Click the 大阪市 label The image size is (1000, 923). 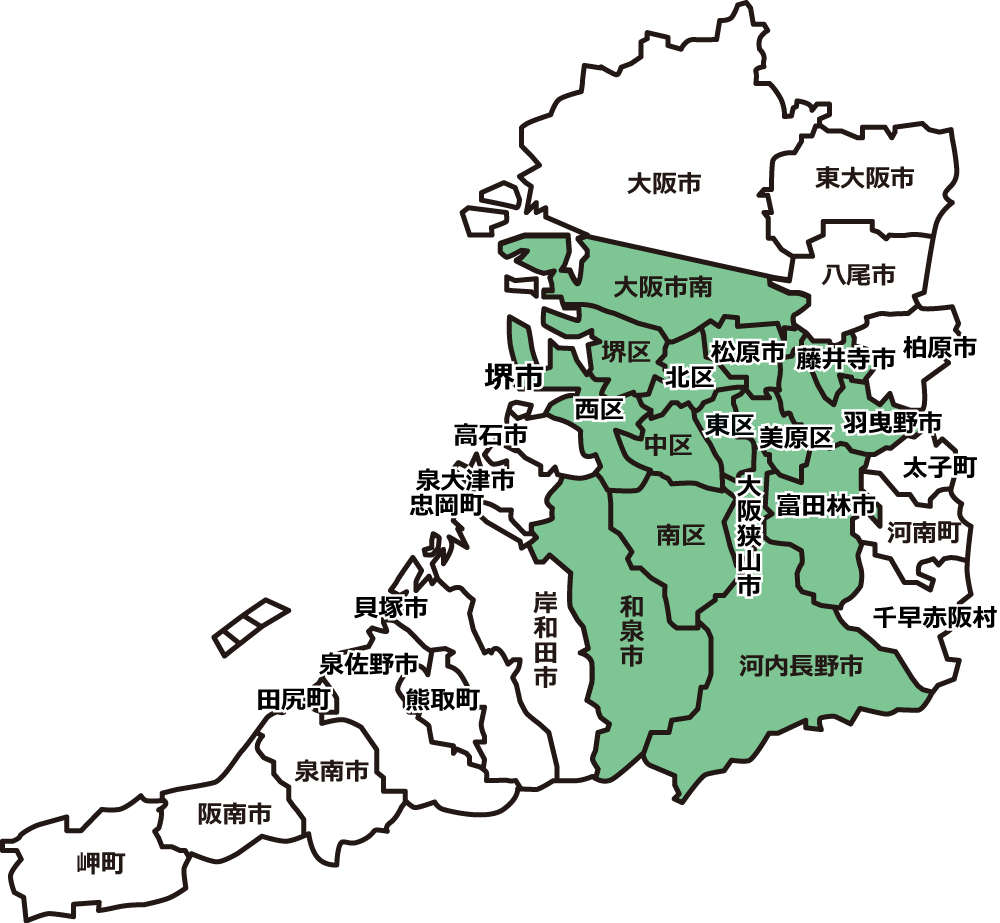point(664,184)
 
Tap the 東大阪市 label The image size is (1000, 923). point(864,179)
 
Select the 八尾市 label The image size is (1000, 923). point(859,274)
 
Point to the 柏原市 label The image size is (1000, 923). point(938,348)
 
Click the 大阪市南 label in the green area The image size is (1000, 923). point(663,288)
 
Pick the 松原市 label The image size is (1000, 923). point(748,352)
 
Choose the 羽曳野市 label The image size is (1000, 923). point(892,421)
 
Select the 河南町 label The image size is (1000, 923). point(922,532)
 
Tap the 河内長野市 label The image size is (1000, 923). point(801,665)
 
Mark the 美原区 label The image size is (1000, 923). point(795,437)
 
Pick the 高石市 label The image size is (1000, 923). point(490,436)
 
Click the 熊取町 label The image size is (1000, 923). point(441,699)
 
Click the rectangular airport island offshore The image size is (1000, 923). point(250,627)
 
